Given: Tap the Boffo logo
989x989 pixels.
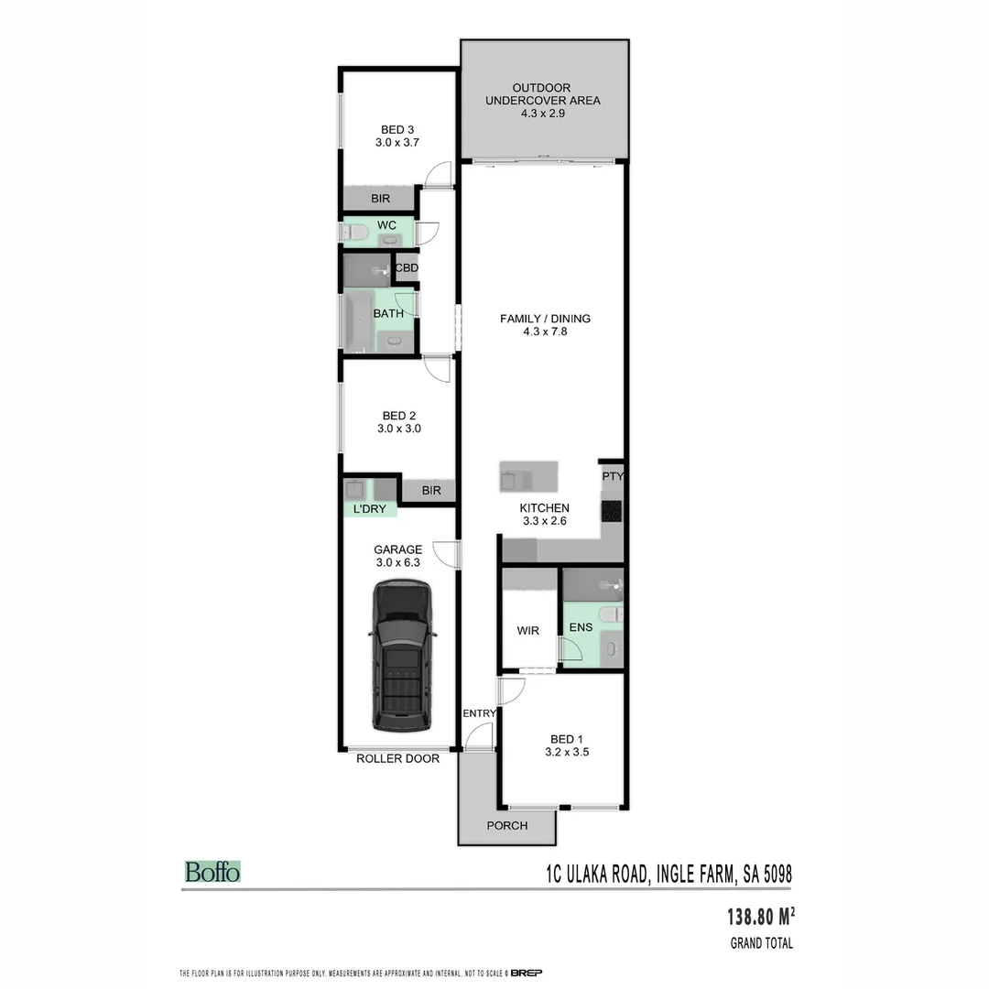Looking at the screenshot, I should click(212, 872).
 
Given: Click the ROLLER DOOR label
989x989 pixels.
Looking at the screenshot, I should click(397, 758).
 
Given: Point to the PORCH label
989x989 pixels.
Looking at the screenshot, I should click(506, 825).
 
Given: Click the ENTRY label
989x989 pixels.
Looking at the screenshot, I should click(479, 713).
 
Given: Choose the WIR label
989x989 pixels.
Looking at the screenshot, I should click(527, 631).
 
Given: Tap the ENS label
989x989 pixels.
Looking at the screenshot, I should click(581, 627).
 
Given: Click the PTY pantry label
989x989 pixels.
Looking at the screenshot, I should click(612, 476).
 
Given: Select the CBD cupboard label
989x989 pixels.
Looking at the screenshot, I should click(406, 268).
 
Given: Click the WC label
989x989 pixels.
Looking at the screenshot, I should click(386, 225).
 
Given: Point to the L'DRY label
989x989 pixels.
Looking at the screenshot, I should click(369, 508).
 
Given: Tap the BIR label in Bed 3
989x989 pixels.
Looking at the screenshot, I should click(380, 198).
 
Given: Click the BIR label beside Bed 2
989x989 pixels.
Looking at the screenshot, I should click(431, 491).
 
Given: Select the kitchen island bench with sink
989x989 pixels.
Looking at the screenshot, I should click(527, 477).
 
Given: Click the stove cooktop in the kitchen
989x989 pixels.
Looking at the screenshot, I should click(612, 510).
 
